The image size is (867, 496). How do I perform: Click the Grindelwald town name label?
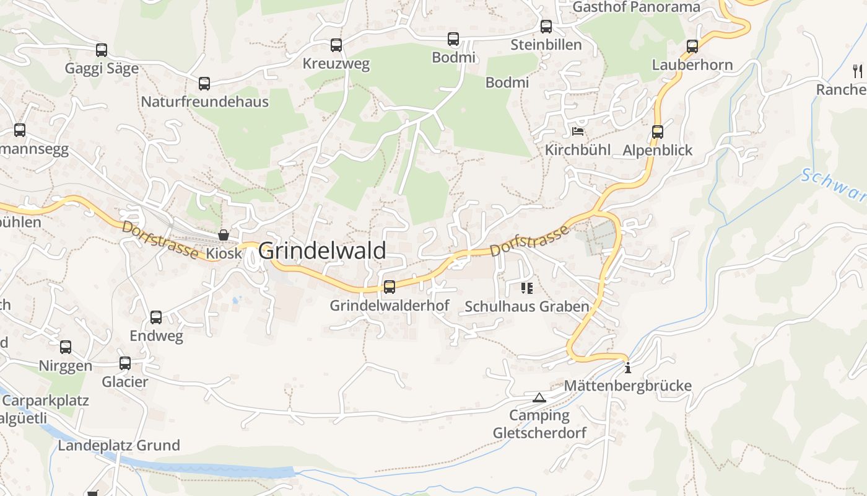(x=322, y=251)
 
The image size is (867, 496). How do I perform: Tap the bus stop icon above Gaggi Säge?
(x=102, y=50)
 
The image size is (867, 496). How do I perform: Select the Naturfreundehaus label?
(x=205, y=102)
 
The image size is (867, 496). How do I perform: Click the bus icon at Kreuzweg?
(x=336, y=45)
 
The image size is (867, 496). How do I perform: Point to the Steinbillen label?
(x=546, y=45)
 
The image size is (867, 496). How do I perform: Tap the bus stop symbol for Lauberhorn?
(x=692, y=46)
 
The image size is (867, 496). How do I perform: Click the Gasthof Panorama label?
(x=636, y=7)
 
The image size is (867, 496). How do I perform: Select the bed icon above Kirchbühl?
(x=578, y=131)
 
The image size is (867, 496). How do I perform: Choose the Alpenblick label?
(x=658, y=150)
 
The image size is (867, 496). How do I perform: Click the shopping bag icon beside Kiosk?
(x=224, y=235)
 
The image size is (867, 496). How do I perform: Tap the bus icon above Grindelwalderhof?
(x=390, y=287)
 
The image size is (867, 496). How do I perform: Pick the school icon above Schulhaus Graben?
(x=527, y=288)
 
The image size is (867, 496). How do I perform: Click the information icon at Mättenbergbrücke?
(x=628, y=368)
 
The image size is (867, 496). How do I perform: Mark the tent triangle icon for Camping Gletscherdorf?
(x=539, y=397)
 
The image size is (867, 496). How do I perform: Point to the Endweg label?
(x=156, y=336)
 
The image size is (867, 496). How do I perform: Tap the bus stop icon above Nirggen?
(x=66, y=347)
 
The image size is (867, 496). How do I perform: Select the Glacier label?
(x=125, y=382)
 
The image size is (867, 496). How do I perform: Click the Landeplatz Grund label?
(x=119, y=445)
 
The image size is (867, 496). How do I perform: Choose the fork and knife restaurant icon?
(x=858, y=71)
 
